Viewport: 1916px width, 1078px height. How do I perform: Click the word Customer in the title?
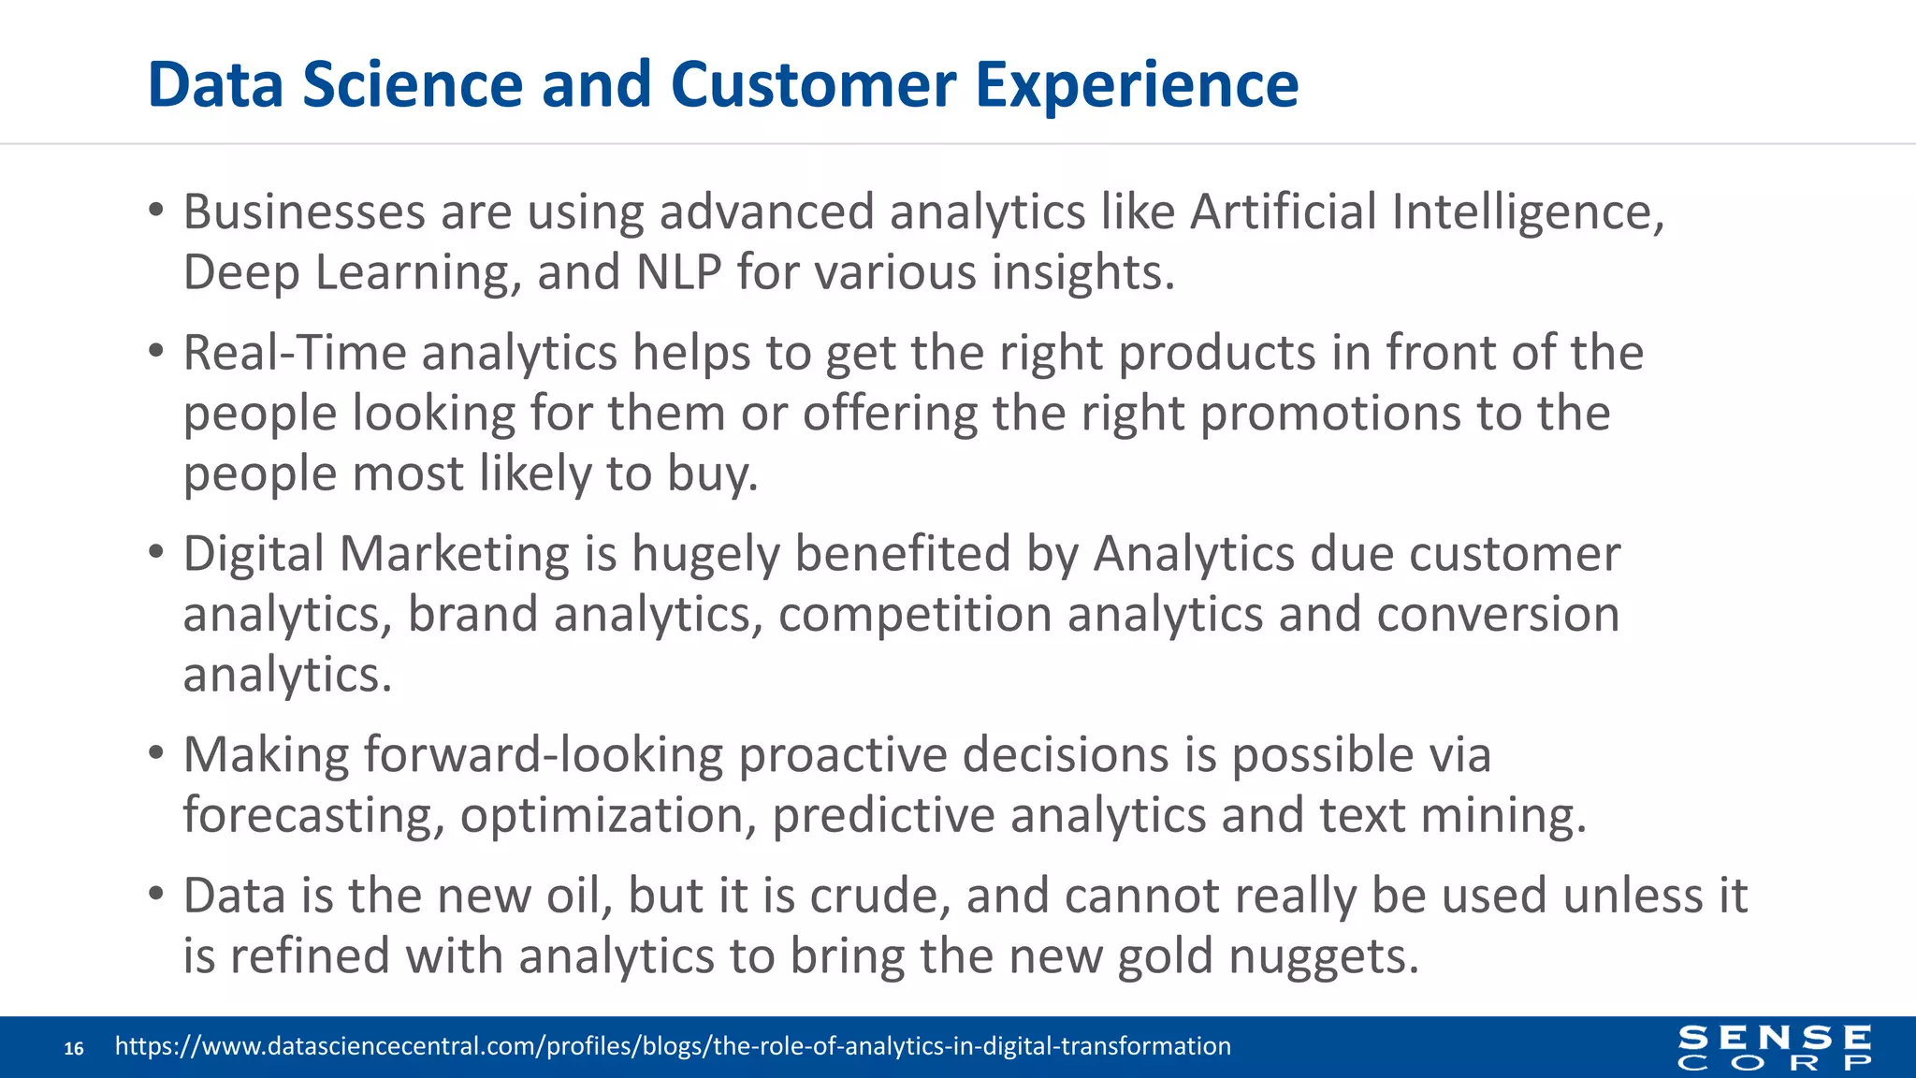(812, 85)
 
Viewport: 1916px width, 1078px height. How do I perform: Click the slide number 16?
(74, 1048)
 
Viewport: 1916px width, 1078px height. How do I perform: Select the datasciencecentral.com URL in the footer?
(673, 1046)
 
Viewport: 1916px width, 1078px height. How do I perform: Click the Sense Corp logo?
(1774, 1047)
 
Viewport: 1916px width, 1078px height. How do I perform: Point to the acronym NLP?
(678, 273)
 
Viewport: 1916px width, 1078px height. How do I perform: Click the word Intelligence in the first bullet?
(1527, 212)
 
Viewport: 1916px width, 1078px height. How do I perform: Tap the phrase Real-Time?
(295, 354)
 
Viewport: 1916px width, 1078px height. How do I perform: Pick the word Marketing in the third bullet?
(454, 554)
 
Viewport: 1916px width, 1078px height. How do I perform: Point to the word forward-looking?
(543, 755)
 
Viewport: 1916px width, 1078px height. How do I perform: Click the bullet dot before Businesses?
(156, 211)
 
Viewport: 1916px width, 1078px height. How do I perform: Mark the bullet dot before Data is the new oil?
(156, 894)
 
